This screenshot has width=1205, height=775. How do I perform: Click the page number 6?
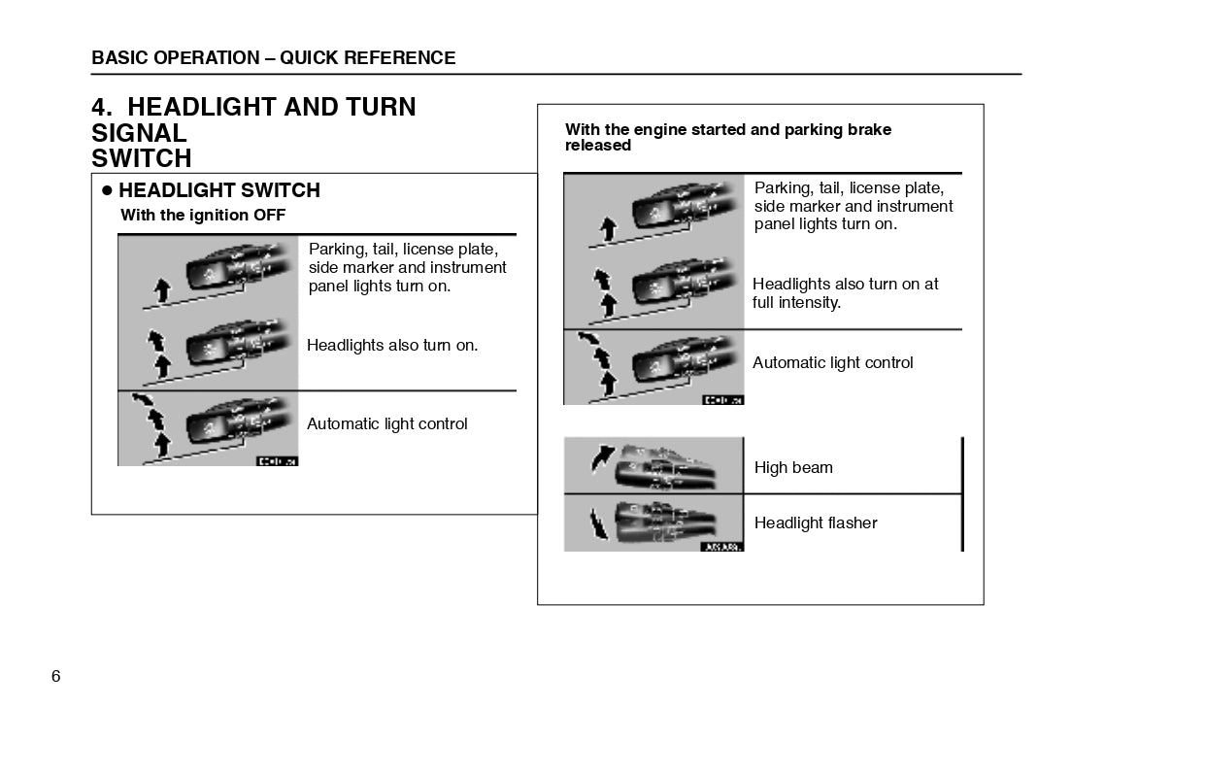click(55, 676)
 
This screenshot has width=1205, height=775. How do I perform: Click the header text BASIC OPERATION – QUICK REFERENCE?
click(273, 58)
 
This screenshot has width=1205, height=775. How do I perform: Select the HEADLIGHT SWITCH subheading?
click(218, 190)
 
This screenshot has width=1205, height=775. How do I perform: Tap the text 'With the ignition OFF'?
click(203, 216)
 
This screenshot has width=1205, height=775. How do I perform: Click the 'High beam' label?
click(793, 467)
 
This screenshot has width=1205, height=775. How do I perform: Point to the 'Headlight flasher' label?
click(816, 522)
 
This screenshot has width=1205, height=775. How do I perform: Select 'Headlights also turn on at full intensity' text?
click(845, 293)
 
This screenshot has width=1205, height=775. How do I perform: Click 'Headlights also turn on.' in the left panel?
click(392, 345)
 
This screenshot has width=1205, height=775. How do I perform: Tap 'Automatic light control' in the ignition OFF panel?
click(386, 423)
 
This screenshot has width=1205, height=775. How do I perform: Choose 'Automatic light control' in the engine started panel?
click(832, 362)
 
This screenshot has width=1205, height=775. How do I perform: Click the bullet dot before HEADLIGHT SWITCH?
click(108, 190)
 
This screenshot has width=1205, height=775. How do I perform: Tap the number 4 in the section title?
click(99, 107)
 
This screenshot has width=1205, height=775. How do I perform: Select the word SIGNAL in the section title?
click(139, 133)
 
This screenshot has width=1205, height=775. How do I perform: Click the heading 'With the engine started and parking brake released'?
click(727, 137)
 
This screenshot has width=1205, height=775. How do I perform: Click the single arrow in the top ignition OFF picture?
click(162, 288)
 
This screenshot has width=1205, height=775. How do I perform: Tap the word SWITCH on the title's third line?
click(142, 158)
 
